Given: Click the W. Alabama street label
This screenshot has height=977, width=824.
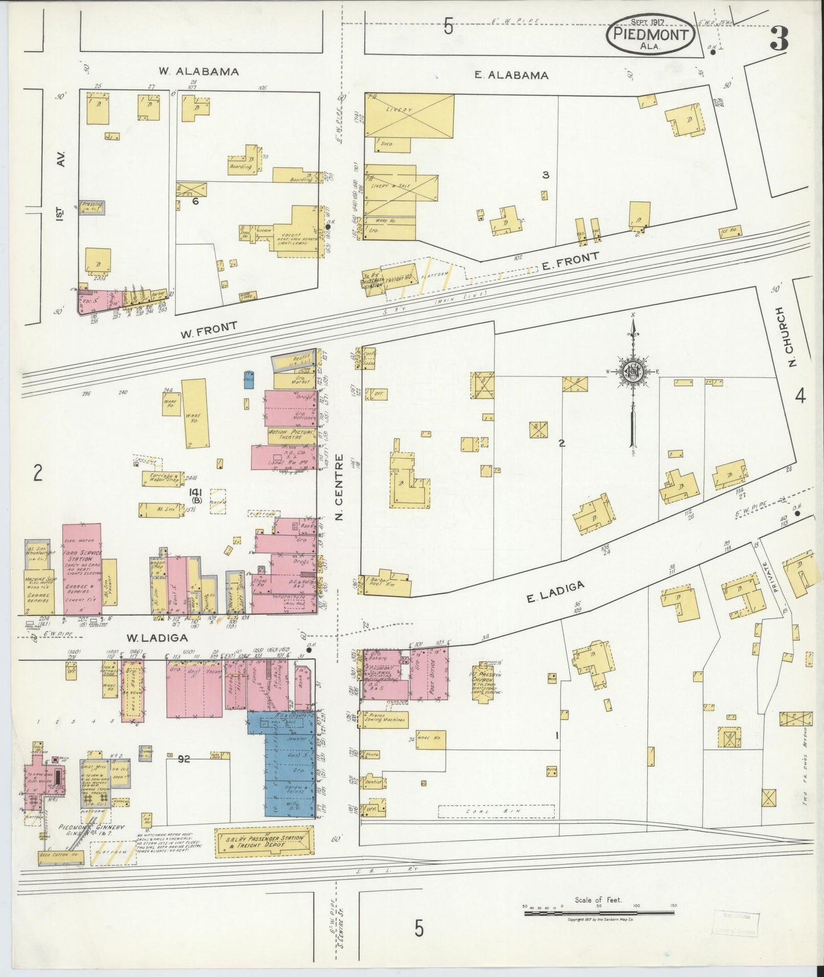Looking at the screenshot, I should tap(198, 72).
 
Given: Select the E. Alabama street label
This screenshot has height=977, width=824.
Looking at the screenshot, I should tap(512, 75).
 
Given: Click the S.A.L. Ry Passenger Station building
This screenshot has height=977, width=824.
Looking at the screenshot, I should tap(265, 842).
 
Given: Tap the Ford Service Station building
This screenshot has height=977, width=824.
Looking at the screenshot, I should tap(82, 570).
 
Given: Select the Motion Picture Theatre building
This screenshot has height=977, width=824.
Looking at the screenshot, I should tap(292, 436).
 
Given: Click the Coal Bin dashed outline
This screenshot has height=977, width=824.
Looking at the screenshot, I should tap(496, 811).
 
